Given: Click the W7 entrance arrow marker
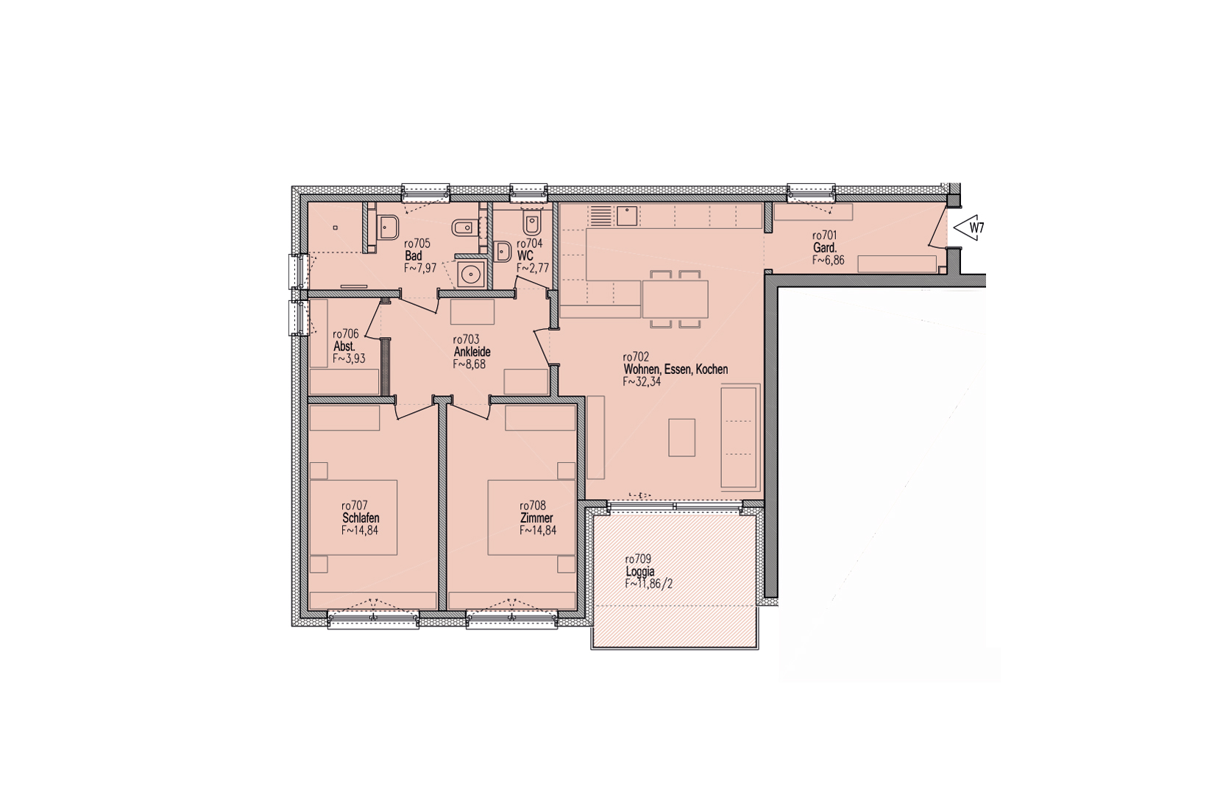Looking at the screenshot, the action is coord(968,228).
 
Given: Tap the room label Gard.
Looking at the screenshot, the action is coord(825,248).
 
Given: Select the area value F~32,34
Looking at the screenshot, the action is coord(642,382).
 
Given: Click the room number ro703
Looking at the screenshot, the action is coord(466,339).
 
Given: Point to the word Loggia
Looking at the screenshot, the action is coord(640,572).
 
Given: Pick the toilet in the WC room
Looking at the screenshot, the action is coord(532,222).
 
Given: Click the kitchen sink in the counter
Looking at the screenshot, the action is coord(627,216).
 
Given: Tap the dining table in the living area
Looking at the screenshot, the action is coord(675,299).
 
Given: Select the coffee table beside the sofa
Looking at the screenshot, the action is coord(681,437).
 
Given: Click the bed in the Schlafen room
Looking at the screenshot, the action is coord(353,517).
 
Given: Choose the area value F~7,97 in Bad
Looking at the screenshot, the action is coord(420,268).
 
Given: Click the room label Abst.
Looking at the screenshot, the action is coord(344,347).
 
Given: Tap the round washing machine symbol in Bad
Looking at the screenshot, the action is coord(471,275).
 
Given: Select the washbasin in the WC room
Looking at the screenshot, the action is coord(503,251).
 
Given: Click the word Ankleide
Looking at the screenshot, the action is coord(472,352).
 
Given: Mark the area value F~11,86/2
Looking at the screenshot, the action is coord(649,584).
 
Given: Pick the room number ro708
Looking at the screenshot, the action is coord(533,506).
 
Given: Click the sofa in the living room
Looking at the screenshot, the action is coord(740,436).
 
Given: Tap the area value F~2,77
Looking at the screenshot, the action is coord(533,268).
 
